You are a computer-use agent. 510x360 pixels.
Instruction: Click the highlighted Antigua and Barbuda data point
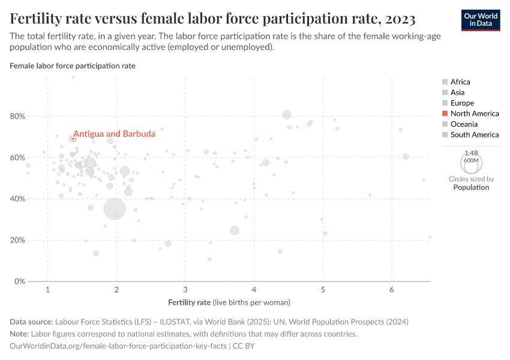(x=73, y=139)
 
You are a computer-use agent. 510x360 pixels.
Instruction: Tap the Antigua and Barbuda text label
(x=106, y=134)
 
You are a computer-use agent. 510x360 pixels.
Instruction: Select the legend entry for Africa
(x=460, y=82)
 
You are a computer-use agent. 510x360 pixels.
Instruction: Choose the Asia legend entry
(x=457, y=92)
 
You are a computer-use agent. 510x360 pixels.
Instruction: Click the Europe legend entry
(x=462, y=103)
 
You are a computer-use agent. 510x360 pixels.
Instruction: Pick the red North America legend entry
(x=474, y=113)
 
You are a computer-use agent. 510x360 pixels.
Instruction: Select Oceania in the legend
(x=464, y=124)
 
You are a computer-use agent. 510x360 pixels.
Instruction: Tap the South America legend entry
(x=474, y=135)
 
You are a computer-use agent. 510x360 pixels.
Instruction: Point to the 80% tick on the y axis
(x=18, y=116)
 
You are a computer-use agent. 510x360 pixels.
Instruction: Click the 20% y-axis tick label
(x=18, y=240)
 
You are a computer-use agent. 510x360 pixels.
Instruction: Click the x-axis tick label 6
(x=392, y=290)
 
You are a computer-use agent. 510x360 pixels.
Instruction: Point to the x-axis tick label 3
(x=185, y=290)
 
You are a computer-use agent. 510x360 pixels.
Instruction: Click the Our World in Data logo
(x=481, y=19)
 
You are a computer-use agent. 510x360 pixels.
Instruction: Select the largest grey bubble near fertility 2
(x=115, y=209)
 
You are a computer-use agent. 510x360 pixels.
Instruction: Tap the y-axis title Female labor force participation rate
(x=73, y=65)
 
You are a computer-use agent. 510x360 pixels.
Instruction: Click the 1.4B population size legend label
(x=471, y=154)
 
